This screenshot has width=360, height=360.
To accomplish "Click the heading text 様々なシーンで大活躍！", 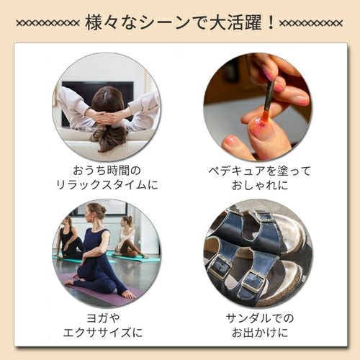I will click(x=180, y=22).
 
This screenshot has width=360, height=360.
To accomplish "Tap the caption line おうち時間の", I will click(x=108, y=170).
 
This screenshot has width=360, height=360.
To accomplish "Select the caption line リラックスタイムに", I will click(x=108, y=185).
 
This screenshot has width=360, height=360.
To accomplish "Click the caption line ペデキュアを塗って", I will click(x=257, y=170).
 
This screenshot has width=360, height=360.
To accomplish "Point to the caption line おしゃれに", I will click(x=257, y=185).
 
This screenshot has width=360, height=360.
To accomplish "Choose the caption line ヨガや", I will click(x=108, y=318).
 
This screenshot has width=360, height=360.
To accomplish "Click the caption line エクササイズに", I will click(x=108, y=333).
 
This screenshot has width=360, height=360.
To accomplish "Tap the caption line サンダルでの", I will click(x=257, y=318).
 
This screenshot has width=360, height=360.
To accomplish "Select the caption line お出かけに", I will click(x=257, y=333).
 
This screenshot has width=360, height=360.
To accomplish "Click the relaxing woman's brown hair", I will click(x=109, y=119).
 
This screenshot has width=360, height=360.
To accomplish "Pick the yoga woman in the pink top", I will click(x=128, y=238).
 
